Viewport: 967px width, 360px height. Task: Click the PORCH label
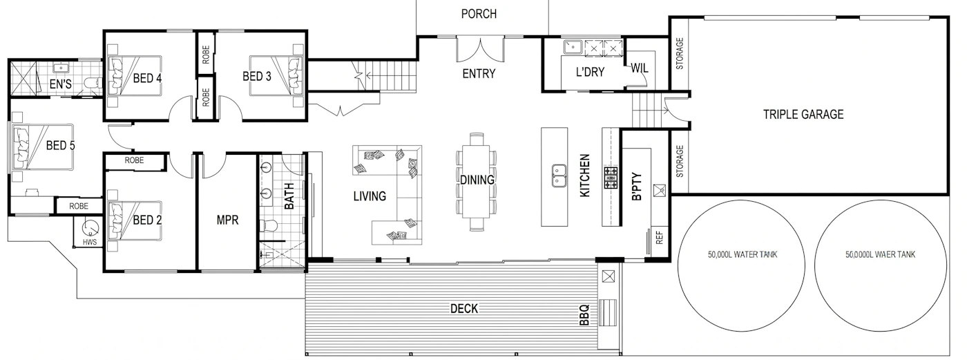point(479,14)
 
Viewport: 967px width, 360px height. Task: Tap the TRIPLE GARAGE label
point(803,115)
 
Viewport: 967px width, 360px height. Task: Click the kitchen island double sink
point(559,176)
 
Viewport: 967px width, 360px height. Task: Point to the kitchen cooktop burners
point(611,178)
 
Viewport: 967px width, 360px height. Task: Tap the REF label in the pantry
point(659,238)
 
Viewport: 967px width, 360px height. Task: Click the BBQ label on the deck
point(584,315)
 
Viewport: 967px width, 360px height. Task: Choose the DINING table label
point(477,180)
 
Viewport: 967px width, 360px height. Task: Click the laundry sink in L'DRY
point(573,46)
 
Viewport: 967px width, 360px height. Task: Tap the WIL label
point(639,68)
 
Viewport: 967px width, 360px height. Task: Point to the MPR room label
point(227,220)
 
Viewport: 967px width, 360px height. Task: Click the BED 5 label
point(61,146)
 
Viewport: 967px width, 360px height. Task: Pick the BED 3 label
point(257,77)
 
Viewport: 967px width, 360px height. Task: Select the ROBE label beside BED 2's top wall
point(134,160)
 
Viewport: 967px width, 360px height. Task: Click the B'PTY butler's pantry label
point(637,187)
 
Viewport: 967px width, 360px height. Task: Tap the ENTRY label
point(479,74)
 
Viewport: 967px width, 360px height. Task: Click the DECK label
point(464,309)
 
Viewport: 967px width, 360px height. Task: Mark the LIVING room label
point(370,196)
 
